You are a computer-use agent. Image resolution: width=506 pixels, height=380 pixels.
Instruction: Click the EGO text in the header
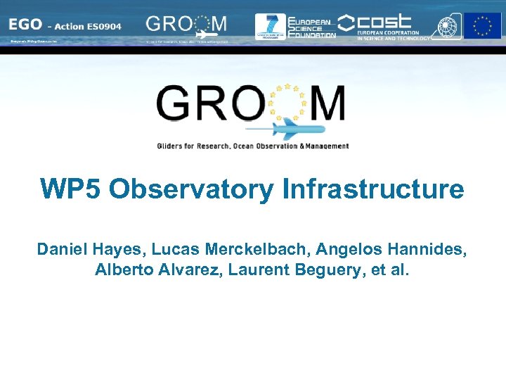(25, 25)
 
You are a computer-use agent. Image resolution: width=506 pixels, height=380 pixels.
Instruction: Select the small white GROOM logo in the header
(186, 25)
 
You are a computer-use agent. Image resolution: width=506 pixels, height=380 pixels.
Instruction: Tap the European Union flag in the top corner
(482, 26)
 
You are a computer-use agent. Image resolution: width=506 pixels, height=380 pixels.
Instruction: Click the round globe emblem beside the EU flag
(447, 26)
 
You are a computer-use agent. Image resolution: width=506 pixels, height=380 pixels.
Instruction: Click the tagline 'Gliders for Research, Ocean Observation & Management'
(253, 146)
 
